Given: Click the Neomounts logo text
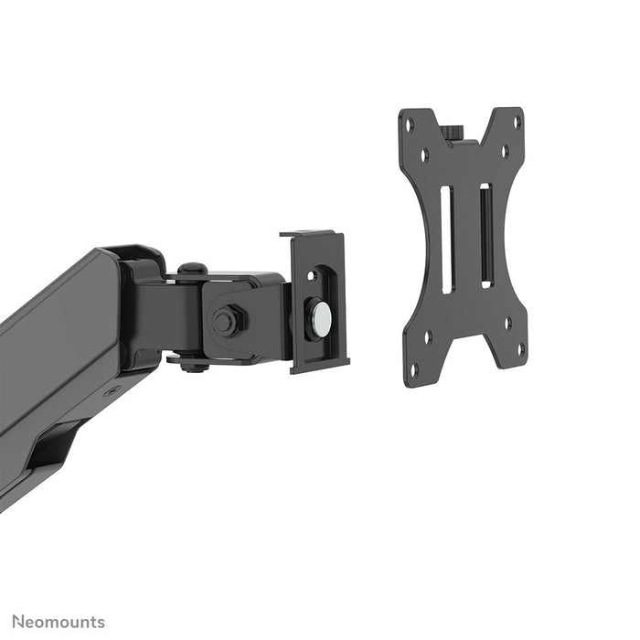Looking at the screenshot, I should click(x=58, y=623).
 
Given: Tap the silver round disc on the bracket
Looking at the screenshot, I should click(x=321, y=317).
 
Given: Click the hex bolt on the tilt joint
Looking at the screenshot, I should click(x=224, y=321).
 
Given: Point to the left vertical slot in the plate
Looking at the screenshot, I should click(x=447, y=240).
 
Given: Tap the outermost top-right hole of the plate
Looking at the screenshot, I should click(x=517, y=122).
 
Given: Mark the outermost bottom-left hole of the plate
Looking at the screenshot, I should click(x=412, y=369).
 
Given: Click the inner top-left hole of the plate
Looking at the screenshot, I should click(x=424, y=156).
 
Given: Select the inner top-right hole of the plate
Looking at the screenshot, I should click(x=504, y=148).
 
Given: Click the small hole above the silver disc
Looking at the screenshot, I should click(x=315, y=274).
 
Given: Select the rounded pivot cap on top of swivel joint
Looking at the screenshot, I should click(x=191, y=270).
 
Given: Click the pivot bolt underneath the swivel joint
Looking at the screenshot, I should click(x=191, y=366).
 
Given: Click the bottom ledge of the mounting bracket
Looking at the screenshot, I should click(x=320, y=365).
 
